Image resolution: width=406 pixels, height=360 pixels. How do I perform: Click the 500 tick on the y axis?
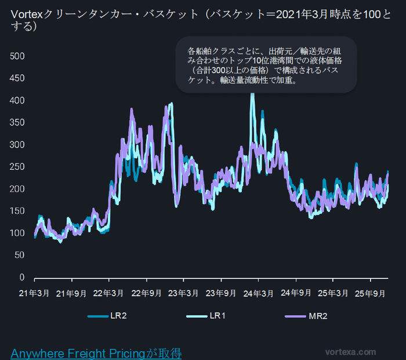[18, 56]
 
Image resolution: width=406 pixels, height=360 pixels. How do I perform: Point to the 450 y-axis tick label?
[18, 78]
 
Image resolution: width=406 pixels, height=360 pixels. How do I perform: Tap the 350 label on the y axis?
[18, 123]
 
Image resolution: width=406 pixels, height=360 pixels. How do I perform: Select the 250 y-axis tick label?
[18, 167]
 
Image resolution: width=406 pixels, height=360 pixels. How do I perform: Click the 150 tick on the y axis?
[18, 211]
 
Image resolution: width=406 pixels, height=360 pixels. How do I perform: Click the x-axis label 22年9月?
[147, 294]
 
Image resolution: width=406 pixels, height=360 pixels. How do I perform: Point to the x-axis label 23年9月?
[222, 294]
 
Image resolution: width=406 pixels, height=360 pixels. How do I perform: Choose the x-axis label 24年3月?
[259, 294]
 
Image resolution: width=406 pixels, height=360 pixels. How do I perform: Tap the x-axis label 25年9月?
[371, 294]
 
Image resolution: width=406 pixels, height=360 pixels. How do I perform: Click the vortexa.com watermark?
[350, 352]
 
